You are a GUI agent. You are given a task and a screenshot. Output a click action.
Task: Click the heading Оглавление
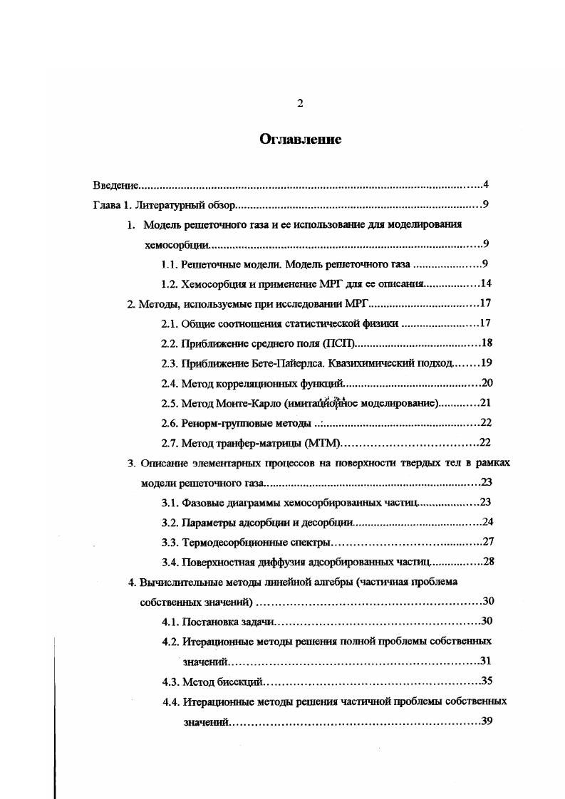point(300,140)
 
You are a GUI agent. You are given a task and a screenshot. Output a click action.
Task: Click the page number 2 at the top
point(300,104)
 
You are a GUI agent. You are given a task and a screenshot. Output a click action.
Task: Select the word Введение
point(115,186)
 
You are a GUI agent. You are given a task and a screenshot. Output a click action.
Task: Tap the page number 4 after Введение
point(485,185)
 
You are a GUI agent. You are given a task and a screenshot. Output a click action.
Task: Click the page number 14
point(487,283)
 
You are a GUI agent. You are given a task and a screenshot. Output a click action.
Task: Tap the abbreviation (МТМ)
point(323,442)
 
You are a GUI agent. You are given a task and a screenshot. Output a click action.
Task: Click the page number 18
point(487,343)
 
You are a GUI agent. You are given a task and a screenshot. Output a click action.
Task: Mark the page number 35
point(487,680)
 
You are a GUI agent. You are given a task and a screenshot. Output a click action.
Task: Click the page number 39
point(487,721)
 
